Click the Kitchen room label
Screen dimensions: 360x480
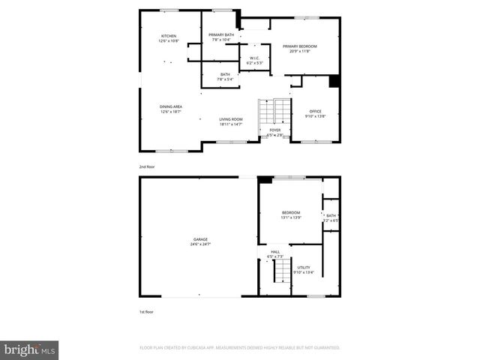click(168, 36)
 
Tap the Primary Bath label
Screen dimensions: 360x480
click(222, 35)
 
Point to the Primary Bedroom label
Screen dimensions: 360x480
click(300, 46)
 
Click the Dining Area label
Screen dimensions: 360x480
click(171, 106)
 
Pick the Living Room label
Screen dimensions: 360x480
click(231, 119)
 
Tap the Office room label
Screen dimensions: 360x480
click(315, 112)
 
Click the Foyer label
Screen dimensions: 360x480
click(275, 130)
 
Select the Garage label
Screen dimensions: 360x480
click(199, 239)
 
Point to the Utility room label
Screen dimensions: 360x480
click(304, 267)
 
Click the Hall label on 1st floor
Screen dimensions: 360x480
click(275, 252)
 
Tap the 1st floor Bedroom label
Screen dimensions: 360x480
click(291, 213)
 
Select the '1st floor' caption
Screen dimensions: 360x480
click(147, 311)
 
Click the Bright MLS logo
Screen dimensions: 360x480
click(30, 349)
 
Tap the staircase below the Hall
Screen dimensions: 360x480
click(280, 274)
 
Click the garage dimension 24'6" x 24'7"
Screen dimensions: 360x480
click(199, 244)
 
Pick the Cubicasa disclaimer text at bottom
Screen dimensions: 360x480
click(240, 348)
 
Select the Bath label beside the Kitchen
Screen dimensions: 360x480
click(226, 73)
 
